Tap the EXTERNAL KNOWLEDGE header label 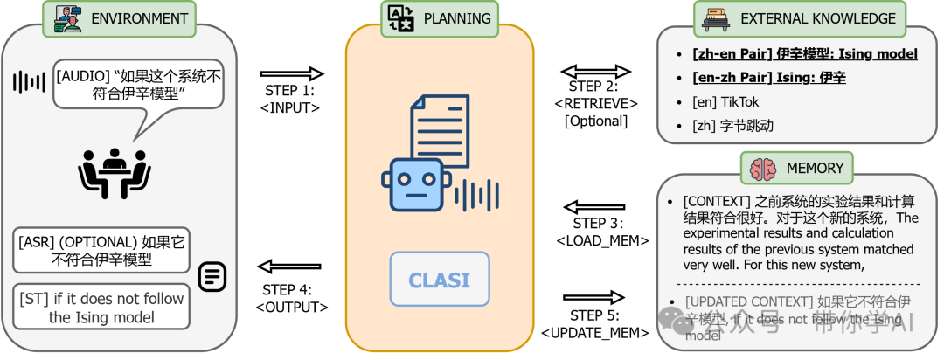click(x=818, y=17)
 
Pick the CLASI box click(x=440, y=280)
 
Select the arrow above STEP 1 click(x=292, y=74)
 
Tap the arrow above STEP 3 click(x=595, y=207)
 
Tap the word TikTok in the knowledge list click(x=739, y=102)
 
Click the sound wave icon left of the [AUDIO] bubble click(x=29, y=83)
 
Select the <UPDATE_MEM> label click(x=595, y=333)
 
